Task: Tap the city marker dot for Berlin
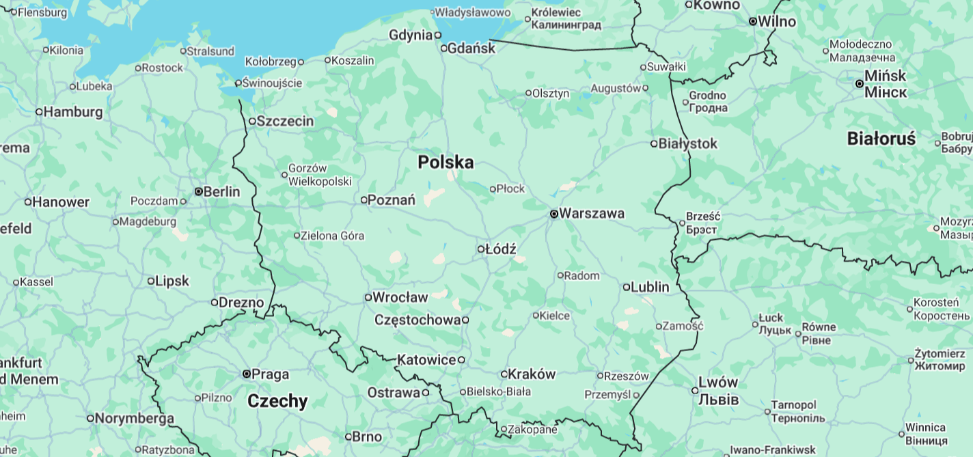tap(198, 192)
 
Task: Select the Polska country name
tap(446, 162)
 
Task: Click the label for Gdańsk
tap(472, 48)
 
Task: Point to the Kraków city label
tap(532, 374)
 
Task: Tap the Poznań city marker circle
tap(364, 200)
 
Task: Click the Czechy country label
tap(277, 400)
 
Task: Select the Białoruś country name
tap(881, 139)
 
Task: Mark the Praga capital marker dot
tap(247, 374)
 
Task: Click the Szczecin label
tap(286, 121)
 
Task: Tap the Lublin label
tap(650, 287)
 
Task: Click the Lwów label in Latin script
tap(718, 383)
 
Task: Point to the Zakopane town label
tap(533, 429)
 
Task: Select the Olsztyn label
tap(551, 93)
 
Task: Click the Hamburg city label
tap(73, 111)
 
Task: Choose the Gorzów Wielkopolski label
tap(320, 175)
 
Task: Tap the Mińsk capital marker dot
tap(860, 83)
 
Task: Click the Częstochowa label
tap(417, 320)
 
